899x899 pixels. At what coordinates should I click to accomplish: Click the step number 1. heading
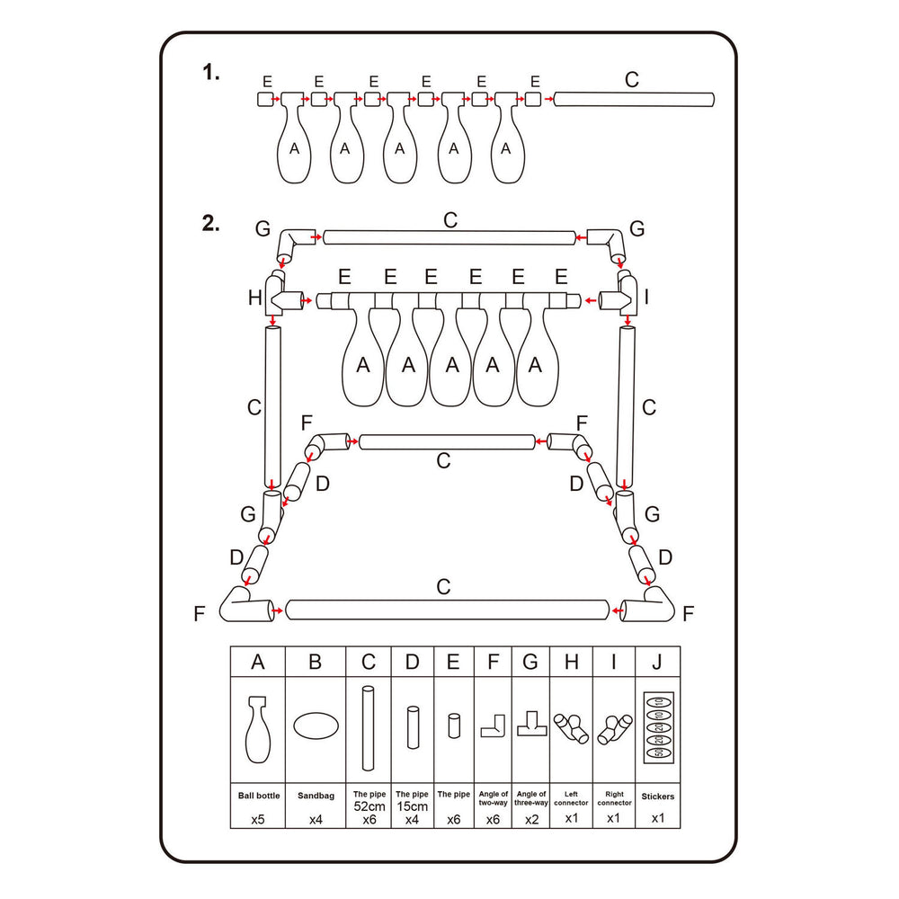(211, 74)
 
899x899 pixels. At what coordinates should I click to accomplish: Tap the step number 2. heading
(211, 225)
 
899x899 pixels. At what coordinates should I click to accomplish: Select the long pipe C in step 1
(634, 100)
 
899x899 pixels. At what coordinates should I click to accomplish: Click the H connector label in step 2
(254, 298)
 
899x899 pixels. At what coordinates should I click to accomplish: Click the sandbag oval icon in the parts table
(315, 726)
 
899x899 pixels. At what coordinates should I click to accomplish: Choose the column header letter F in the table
(493, 663)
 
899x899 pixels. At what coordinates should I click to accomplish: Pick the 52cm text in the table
(368, 806)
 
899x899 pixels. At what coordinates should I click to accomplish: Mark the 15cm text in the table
(413, 806)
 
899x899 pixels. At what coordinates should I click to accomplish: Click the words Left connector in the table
(571, 798)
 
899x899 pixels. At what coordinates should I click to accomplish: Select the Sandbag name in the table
(315, 796)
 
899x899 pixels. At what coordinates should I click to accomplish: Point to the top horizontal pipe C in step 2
(449, 237)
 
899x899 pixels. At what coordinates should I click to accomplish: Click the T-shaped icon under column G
(530, 724)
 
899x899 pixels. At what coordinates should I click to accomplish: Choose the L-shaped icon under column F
(493, 725)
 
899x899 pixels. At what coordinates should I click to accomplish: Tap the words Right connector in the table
(615, 798)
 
